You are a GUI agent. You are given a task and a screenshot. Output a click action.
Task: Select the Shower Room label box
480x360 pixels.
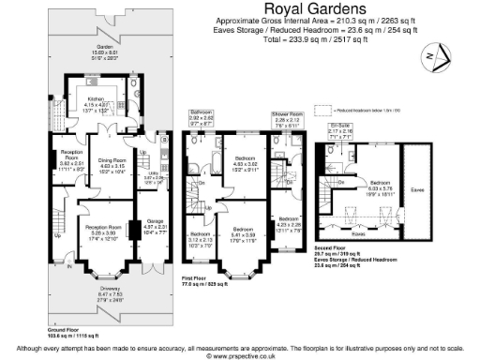[286, 118]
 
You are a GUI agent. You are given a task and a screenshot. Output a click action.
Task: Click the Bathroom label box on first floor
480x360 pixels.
[202, 118]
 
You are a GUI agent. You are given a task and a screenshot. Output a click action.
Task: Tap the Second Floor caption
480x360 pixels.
[333, 248]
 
